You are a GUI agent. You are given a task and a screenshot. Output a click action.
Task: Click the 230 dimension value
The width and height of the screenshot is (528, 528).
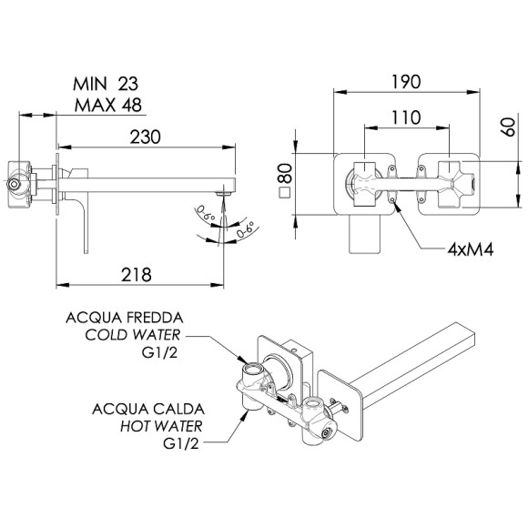(146, 137)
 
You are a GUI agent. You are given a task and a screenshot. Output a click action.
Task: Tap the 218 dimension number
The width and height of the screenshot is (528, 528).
(137, 275)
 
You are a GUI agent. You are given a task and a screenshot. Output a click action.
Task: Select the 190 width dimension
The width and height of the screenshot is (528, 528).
(406, 82)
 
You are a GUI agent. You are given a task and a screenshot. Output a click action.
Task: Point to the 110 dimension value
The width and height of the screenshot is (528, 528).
(406, 117)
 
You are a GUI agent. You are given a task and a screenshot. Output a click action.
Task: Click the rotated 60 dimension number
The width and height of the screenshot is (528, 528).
(509, 127)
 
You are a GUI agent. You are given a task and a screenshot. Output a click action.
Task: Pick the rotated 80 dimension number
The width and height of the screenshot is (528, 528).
(286, 173)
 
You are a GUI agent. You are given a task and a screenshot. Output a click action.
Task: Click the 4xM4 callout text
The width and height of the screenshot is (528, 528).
(471, 249)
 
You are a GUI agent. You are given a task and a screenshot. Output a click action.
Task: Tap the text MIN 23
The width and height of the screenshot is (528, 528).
(106, 84)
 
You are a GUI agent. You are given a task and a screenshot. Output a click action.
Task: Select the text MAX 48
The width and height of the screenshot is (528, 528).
(108, 105)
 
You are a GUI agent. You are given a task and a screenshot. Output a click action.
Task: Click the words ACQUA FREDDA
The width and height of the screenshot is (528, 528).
(125, 318)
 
